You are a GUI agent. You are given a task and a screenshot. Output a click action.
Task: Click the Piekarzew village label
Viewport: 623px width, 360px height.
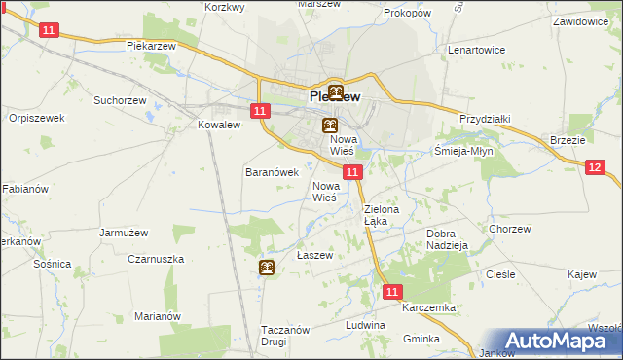click(149, 46)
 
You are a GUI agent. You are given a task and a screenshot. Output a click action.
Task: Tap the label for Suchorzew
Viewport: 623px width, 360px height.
click(120, 99)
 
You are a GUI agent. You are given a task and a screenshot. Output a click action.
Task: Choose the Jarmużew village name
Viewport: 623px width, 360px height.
click(124, 233)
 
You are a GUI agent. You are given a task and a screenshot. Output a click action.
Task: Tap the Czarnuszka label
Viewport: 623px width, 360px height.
click(156, 260)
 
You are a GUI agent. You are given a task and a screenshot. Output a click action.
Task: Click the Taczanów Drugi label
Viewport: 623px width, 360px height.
click(285, 336)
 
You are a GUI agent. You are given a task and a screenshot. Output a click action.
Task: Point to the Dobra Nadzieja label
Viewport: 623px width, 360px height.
click(449, 239)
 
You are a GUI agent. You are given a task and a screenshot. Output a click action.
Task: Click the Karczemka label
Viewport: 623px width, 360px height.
click(428, 307)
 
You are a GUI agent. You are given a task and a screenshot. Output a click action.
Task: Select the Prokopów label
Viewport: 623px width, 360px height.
click(407, 14)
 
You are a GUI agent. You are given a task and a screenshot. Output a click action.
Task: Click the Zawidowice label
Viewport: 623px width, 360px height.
click(586, 20)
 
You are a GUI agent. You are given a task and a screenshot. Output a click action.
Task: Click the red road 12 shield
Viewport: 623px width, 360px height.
click(596, 168)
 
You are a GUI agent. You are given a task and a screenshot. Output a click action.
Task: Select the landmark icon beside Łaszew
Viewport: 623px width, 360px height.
click(267, 268)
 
